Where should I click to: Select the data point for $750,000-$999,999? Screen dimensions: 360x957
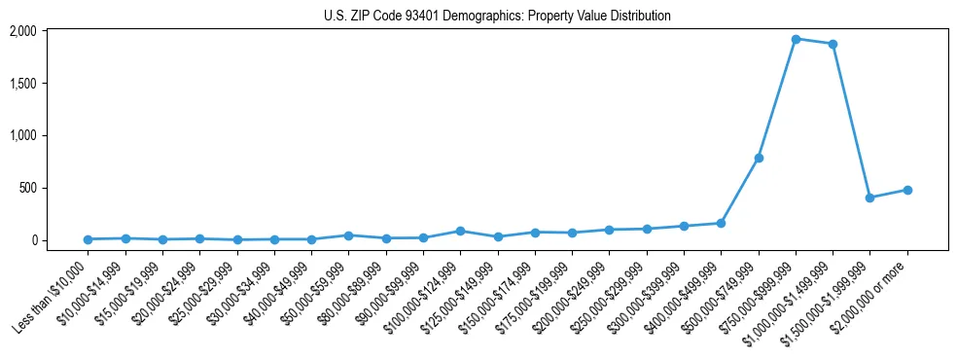click(796, 39)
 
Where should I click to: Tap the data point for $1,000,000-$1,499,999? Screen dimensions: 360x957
click(833, 44)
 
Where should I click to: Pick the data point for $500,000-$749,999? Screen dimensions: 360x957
click(759, 158)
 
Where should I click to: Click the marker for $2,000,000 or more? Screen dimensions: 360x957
click(907, 190)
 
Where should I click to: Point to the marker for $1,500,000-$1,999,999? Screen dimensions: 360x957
click(870, 198)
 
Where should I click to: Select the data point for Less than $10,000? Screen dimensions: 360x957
click(88, 239)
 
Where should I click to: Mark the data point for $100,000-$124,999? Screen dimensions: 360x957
click(460, 231)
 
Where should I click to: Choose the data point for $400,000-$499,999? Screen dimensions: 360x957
click(721, 223)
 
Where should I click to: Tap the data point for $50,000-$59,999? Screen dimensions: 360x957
click(348, 235)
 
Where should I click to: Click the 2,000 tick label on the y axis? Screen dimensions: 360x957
click(22, 31)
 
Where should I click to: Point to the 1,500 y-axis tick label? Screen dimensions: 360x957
click(22, 84)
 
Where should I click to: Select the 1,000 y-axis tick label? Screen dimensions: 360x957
click(22, 135)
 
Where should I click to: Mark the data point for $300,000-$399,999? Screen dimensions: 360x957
click(684, 226)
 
